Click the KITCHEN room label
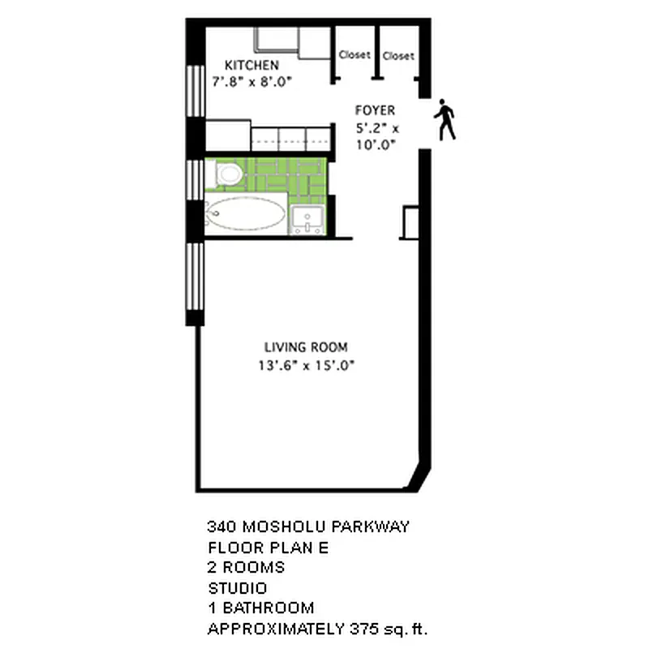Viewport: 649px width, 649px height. point(251,65)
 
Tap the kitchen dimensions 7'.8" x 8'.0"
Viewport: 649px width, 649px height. point(251,81)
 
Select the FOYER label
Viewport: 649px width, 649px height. point(375,110)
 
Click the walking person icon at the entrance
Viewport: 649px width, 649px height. point(445,120)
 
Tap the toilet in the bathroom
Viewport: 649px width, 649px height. point(228,173)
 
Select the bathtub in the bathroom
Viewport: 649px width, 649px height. point(244,215)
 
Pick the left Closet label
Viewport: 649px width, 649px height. point(355,55)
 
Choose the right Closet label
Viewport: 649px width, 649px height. point(398,56)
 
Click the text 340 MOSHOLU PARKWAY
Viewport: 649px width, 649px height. point(308,527)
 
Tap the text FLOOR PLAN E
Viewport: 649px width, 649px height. point(268,547)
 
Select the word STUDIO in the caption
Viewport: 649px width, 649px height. point(237,587)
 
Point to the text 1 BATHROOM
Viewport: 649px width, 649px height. point(260,608)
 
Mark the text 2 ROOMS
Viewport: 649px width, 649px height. point(247,567)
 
